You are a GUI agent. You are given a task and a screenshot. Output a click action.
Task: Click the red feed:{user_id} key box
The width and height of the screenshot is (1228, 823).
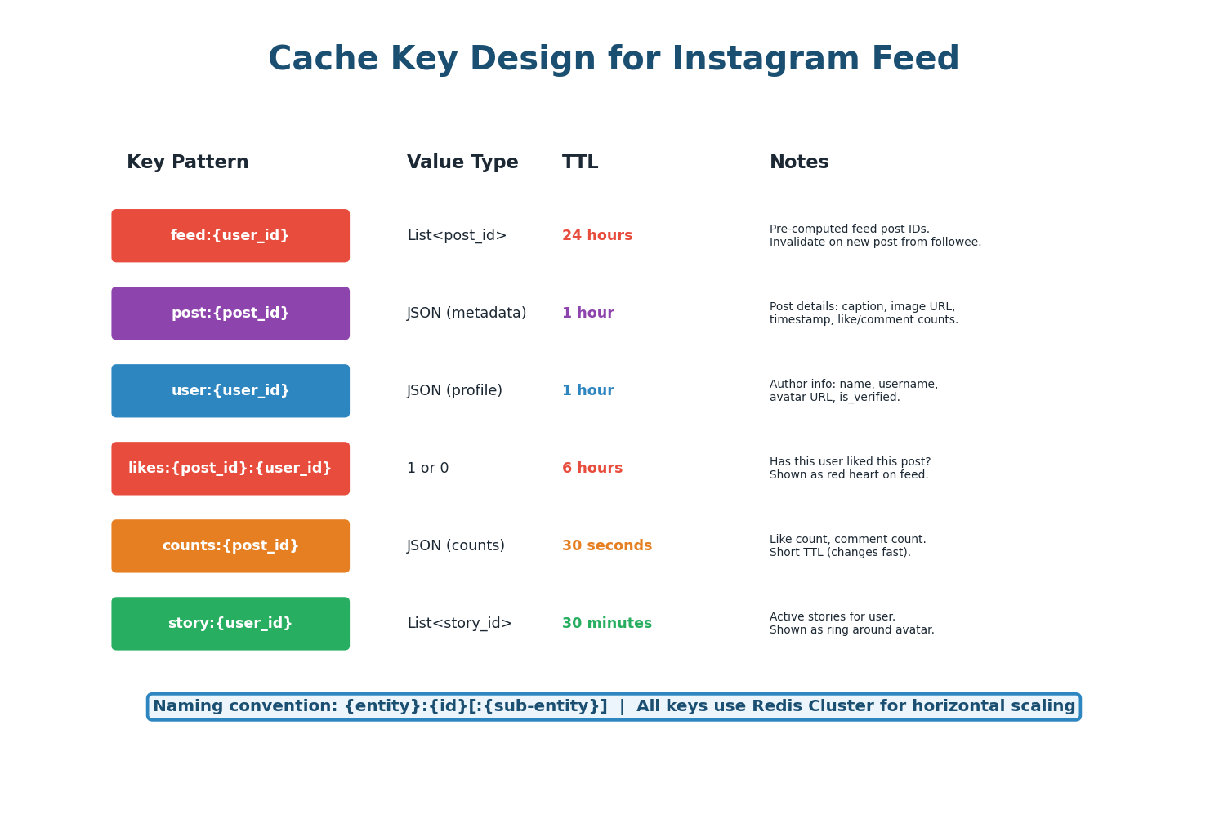click(230, 236)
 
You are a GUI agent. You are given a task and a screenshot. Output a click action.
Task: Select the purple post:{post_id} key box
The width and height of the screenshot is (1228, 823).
click(230, 314)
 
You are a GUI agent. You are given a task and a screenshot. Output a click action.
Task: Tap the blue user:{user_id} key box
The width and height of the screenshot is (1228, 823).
click(230, 391)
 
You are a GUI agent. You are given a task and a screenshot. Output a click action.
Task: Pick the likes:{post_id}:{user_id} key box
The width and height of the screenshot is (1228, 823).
click(230, 469)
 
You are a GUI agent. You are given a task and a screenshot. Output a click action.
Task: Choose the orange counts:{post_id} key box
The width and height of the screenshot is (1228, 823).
click(230, 546)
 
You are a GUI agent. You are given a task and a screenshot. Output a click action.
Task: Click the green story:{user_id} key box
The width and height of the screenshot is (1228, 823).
click(230, 624)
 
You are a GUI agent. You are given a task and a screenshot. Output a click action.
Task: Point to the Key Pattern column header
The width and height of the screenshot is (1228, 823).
click(187, 162)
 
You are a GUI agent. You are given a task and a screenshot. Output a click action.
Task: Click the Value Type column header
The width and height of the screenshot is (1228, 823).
click(462, 162)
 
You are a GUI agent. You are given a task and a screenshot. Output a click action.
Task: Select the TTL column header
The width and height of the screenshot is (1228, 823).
click(580, 162)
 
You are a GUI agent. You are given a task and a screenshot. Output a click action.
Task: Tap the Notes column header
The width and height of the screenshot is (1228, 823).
click(799, 162)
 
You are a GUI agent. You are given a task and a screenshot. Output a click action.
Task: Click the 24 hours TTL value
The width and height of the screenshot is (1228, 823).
click(597, 236)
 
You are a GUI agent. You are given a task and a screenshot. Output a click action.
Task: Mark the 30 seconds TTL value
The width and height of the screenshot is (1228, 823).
click(607, 546)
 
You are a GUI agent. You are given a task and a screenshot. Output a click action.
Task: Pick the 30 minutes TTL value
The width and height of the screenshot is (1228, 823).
click(607, 624)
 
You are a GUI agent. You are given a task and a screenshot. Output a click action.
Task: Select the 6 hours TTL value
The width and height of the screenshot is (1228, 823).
click(592, 469)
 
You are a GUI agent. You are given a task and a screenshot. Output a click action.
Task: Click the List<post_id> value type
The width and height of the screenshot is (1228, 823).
click(457, 236)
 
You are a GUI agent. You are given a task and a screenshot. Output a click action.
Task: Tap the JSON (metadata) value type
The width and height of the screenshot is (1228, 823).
click(467, 314)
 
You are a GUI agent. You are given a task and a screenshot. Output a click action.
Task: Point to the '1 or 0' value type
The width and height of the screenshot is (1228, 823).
click(428, 469)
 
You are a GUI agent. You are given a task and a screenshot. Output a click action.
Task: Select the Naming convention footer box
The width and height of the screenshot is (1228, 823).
click(614, 707)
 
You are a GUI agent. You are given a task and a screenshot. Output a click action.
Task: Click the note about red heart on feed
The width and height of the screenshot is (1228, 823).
click(849, 475)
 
